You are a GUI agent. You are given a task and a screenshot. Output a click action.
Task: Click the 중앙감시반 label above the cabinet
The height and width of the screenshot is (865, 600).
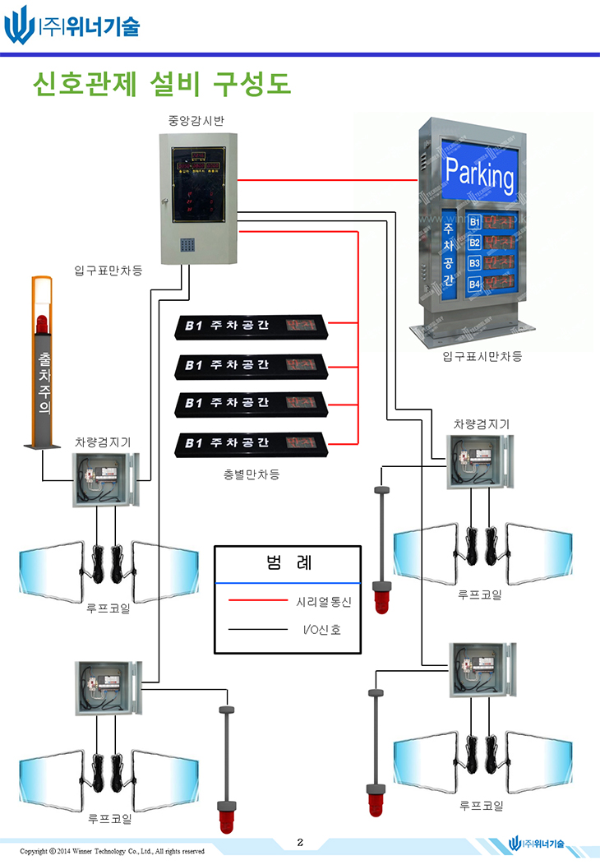(197, 120)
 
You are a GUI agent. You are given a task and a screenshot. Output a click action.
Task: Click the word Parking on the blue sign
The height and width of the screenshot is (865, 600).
(479, 175)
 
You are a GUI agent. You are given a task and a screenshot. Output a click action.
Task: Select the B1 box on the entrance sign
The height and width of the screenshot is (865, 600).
(474, 222)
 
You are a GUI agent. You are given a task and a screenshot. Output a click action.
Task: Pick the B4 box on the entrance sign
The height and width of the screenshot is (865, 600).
(474, 284)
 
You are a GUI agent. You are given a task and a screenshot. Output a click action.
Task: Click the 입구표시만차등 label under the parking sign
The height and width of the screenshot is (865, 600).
(482, 356)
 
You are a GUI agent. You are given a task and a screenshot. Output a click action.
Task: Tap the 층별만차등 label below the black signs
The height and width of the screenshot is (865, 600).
(252, 474)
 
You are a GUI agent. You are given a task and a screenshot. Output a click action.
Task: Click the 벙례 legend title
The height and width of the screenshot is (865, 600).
(288, 563)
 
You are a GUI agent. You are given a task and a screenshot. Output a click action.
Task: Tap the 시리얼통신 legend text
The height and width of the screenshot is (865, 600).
(323, 602)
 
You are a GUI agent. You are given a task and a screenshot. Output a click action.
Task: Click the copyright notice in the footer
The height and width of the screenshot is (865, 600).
(112, 851)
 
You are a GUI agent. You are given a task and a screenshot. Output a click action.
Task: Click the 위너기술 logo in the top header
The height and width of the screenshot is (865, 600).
(72, 25)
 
